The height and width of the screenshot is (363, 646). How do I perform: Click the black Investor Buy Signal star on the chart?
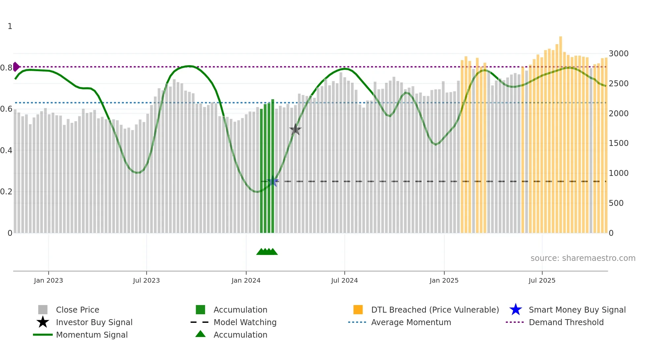point(295,130)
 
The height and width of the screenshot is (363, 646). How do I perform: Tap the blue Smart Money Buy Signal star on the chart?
point(273,181)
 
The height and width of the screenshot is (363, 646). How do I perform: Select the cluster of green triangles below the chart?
point(267,252)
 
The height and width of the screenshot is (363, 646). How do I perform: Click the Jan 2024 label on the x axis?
point(246,281)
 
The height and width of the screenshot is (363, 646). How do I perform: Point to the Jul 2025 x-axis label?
point(542,281)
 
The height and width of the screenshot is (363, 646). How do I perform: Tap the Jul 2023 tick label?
point(146,281)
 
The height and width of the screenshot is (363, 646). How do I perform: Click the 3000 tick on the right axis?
point(618,54)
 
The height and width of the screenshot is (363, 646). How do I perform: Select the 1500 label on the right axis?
point(618,143)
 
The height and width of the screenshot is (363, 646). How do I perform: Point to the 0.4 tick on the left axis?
point(6,151)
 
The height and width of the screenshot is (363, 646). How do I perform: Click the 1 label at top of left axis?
point(10,26)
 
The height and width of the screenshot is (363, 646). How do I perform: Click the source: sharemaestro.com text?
point(583,258)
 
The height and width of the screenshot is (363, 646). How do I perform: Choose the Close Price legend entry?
point(77,310)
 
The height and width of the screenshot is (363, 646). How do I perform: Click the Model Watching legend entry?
point(245,322)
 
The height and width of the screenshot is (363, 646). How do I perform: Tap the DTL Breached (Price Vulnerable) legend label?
point(435,310)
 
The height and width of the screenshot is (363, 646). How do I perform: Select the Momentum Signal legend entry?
point(92,335)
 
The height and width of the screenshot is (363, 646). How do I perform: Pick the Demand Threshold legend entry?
point(566,322)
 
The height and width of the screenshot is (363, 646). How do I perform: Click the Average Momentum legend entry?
point(411,322)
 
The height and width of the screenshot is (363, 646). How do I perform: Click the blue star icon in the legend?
point(515,310)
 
